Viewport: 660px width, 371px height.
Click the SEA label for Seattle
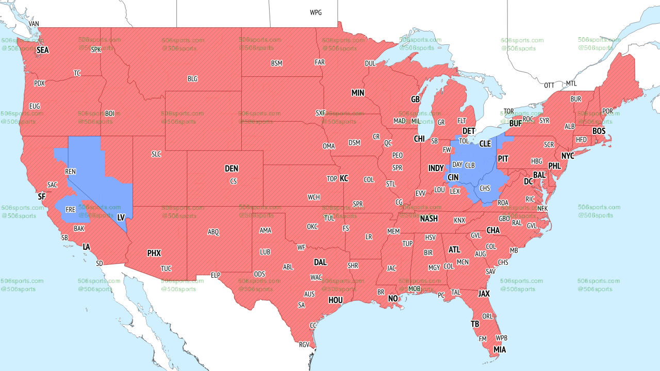coord(42,50)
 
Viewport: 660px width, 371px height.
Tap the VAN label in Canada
coord(34,24)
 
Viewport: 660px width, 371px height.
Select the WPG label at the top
coord(316,12)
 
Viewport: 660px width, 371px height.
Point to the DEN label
coord(232,168)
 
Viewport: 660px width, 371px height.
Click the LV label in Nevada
coord(121,218)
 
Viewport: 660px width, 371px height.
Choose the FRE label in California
coord(71,210)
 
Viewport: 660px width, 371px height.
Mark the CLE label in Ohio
coord(485,144)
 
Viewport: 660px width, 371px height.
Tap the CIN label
coord(453,177)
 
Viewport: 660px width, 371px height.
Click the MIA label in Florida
coord(499,350)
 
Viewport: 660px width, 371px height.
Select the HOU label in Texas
coord(336,300)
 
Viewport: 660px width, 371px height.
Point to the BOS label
coord(599,131)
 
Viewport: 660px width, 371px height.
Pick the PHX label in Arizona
coord(154,253)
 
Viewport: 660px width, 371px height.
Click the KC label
coord(344,178)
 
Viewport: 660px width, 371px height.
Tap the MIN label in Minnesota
coord(358,93)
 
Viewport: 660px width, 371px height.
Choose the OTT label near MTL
coord(549,85)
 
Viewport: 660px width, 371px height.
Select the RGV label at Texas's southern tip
coord(304,345)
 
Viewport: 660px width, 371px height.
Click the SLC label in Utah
coord(156,154)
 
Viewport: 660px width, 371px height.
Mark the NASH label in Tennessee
coord(428,218)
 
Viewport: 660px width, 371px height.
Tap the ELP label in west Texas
coord(216,275)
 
